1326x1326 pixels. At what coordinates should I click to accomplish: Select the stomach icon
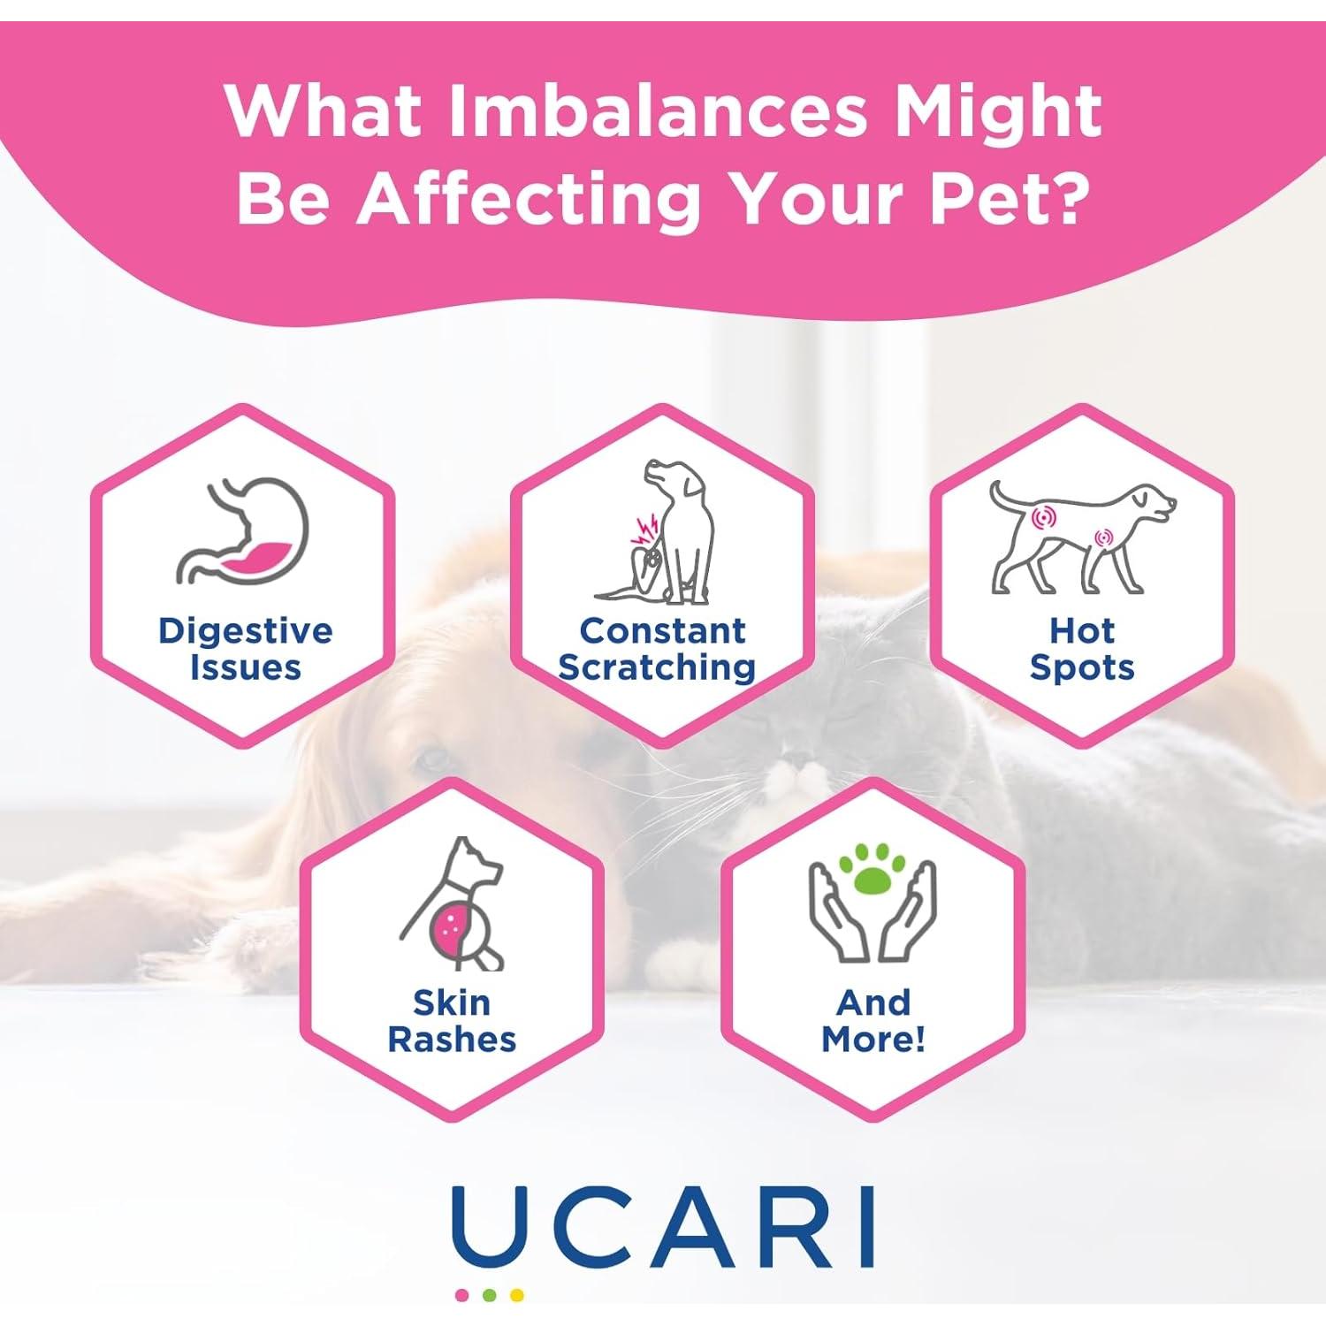click(245, 533)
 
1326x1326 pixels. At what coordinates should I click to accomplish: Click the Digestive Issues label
click(245, 649)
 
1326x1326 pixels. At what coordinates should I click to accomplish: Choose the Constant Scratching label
click(658, 649)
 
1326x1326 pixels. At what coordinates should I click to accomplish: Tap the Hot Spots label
click(1081, 649)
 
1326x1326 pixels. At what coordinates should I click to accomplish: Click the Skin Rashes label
click(452, 1021)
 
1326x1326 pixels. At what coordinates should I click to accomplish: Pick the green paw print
click(873, 875)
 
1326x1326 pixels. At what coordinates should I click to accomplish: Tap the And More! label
click(873, 1021)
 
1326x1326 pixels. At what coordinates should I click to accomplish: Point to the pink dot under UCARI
click(461, 1296)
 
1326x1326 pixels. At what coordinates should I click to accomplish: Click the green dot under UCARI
click(490, 1296)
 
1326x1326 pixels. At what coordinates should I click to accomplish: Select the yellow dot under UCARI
click(517, 1296)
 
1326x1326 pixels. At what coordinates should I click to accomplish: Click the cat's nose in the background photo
click(800, 760)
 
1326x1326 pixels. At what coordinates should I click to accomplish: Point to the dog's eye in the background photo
click(431, 758)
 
